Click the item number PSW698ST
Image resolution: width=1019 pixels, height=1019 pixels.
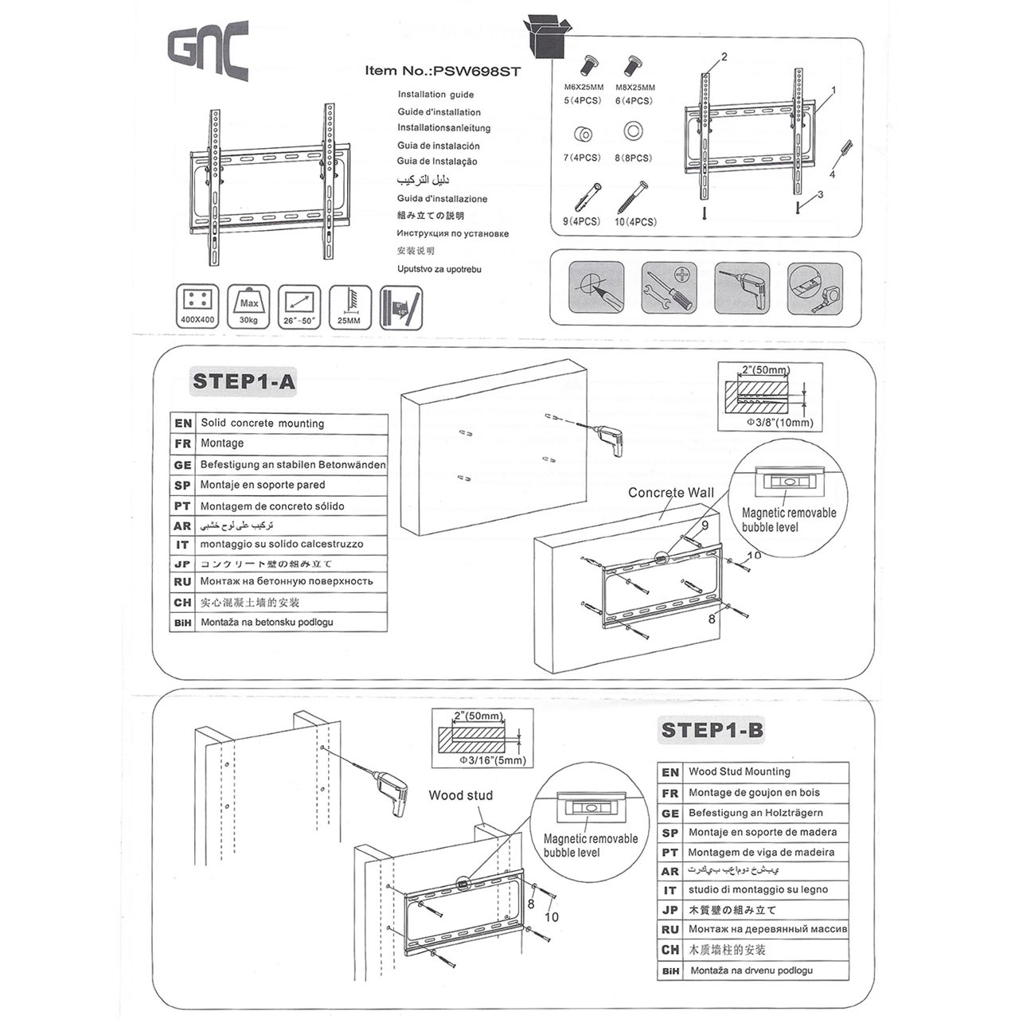point(443,71)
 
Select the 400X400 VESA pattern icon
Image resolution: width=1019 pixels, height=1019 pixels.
point(198,306)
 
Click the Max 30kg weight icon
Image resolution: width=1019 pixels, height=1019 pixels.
point(248,306)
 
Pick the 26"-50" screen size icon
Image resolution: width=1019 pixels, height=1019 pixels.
point(300,306)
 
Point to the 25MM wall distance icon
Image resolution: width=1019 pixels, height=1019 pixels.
point(349,306)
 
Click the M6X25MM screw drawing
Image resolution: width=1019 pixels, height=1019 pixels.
point(591,64)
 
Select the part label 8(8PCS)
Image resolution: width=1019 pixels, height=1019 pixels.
point(633,158)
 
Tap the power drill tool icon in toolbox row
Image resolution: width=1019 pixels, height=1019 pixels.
point(742,288)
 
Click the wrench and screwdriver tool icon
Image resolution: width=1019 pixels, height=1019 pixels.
point(669,288)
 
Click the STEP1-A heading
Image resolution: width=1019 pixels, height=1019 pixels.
point(244,381)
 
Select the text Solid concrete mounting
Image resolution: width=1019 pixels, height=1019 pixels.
point(262,424)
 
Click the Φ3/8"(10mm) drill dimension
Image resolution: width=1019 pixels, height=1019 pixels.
point(779,423)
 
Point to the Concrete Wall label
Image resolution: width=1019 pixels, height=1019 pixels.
point(670,493)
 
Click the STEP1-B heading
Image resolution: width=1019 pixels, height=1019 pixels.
point(712,730)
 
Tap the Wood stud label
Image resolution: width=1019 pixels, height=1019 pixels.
point(460,795)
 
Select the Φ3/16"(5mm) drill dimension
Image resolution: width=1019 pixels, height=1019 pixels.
point(493,760)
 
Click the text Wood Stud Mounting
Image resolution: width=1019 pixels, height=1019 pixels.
point(739,771)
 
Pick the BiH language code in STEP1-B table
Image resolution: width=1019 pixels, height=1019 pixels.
point(670,971)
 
